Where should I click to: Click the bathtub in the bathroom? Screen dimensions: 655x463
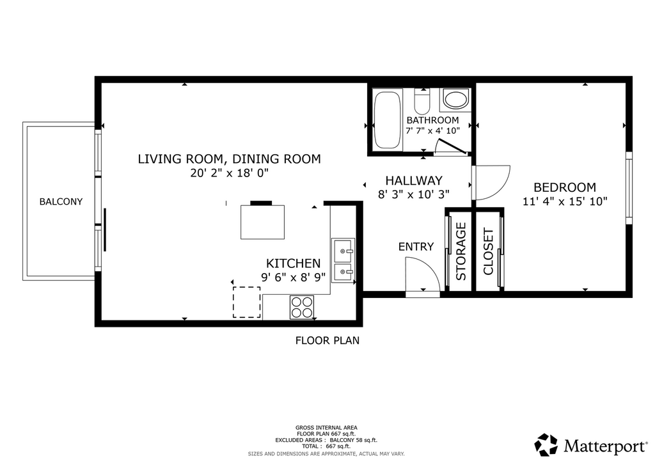[388, 120]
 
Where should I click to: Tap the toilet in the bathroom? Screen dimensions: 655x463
[422, 102]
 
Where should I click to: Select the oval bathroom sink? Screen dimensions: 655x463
[456, 100]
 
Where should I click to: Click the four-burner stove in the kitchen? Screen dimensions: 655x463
[302, 307]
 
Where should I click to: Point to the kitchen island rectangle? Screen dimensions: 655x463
[262, 222]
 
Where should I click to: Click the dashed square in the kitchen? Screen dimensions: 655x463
[246, 302]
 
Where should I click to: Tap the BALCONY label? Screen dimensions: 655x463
[61, 201]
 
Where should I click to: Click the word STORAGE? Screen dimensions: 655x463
[461, 251]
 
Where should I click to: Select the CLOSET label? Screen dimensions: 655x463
[488, 251]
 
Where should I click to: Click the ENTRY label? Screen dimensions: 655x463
[416, 247]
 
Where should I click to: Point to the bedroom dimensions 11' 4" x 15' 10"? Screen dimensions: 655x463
[565, 201]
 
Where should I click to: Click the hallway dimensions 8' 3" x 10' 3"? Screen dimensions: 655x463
[414, 194]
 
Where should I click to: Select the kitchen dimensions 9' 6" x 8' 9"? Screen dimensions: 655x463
[293, 277]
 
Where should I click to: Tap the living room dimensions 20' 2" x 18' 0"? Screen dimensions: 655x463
[230, 173]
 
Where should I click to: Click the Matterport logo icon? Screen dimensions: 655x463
[546, 444]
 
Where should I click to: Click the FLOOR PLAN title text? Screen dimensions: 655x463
[327, 341]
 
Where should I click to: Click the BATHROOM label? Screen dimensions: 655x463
[433, 120]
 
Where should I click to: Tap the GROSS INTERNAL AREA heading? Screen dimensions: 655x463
[326, 428]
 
